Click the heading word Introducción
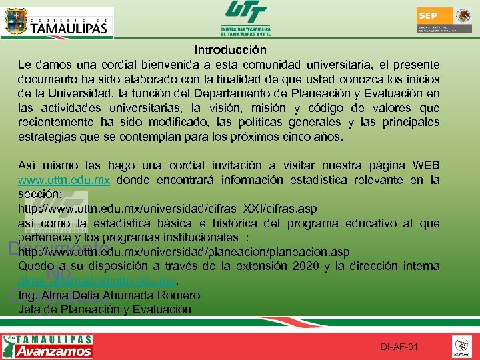[230, 50]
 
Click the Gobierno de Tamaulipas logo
[58, 22]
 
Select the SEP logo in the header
[444, 20]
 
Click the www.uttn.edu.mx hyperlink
[63, 180]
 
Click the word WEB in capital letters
[427, 166]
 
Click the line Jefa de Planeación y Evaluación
[105, 309]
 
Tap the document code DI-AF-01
[399, 347]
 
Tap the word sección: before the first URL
[40, 194]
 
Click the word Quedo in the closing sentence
[35, 267]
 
